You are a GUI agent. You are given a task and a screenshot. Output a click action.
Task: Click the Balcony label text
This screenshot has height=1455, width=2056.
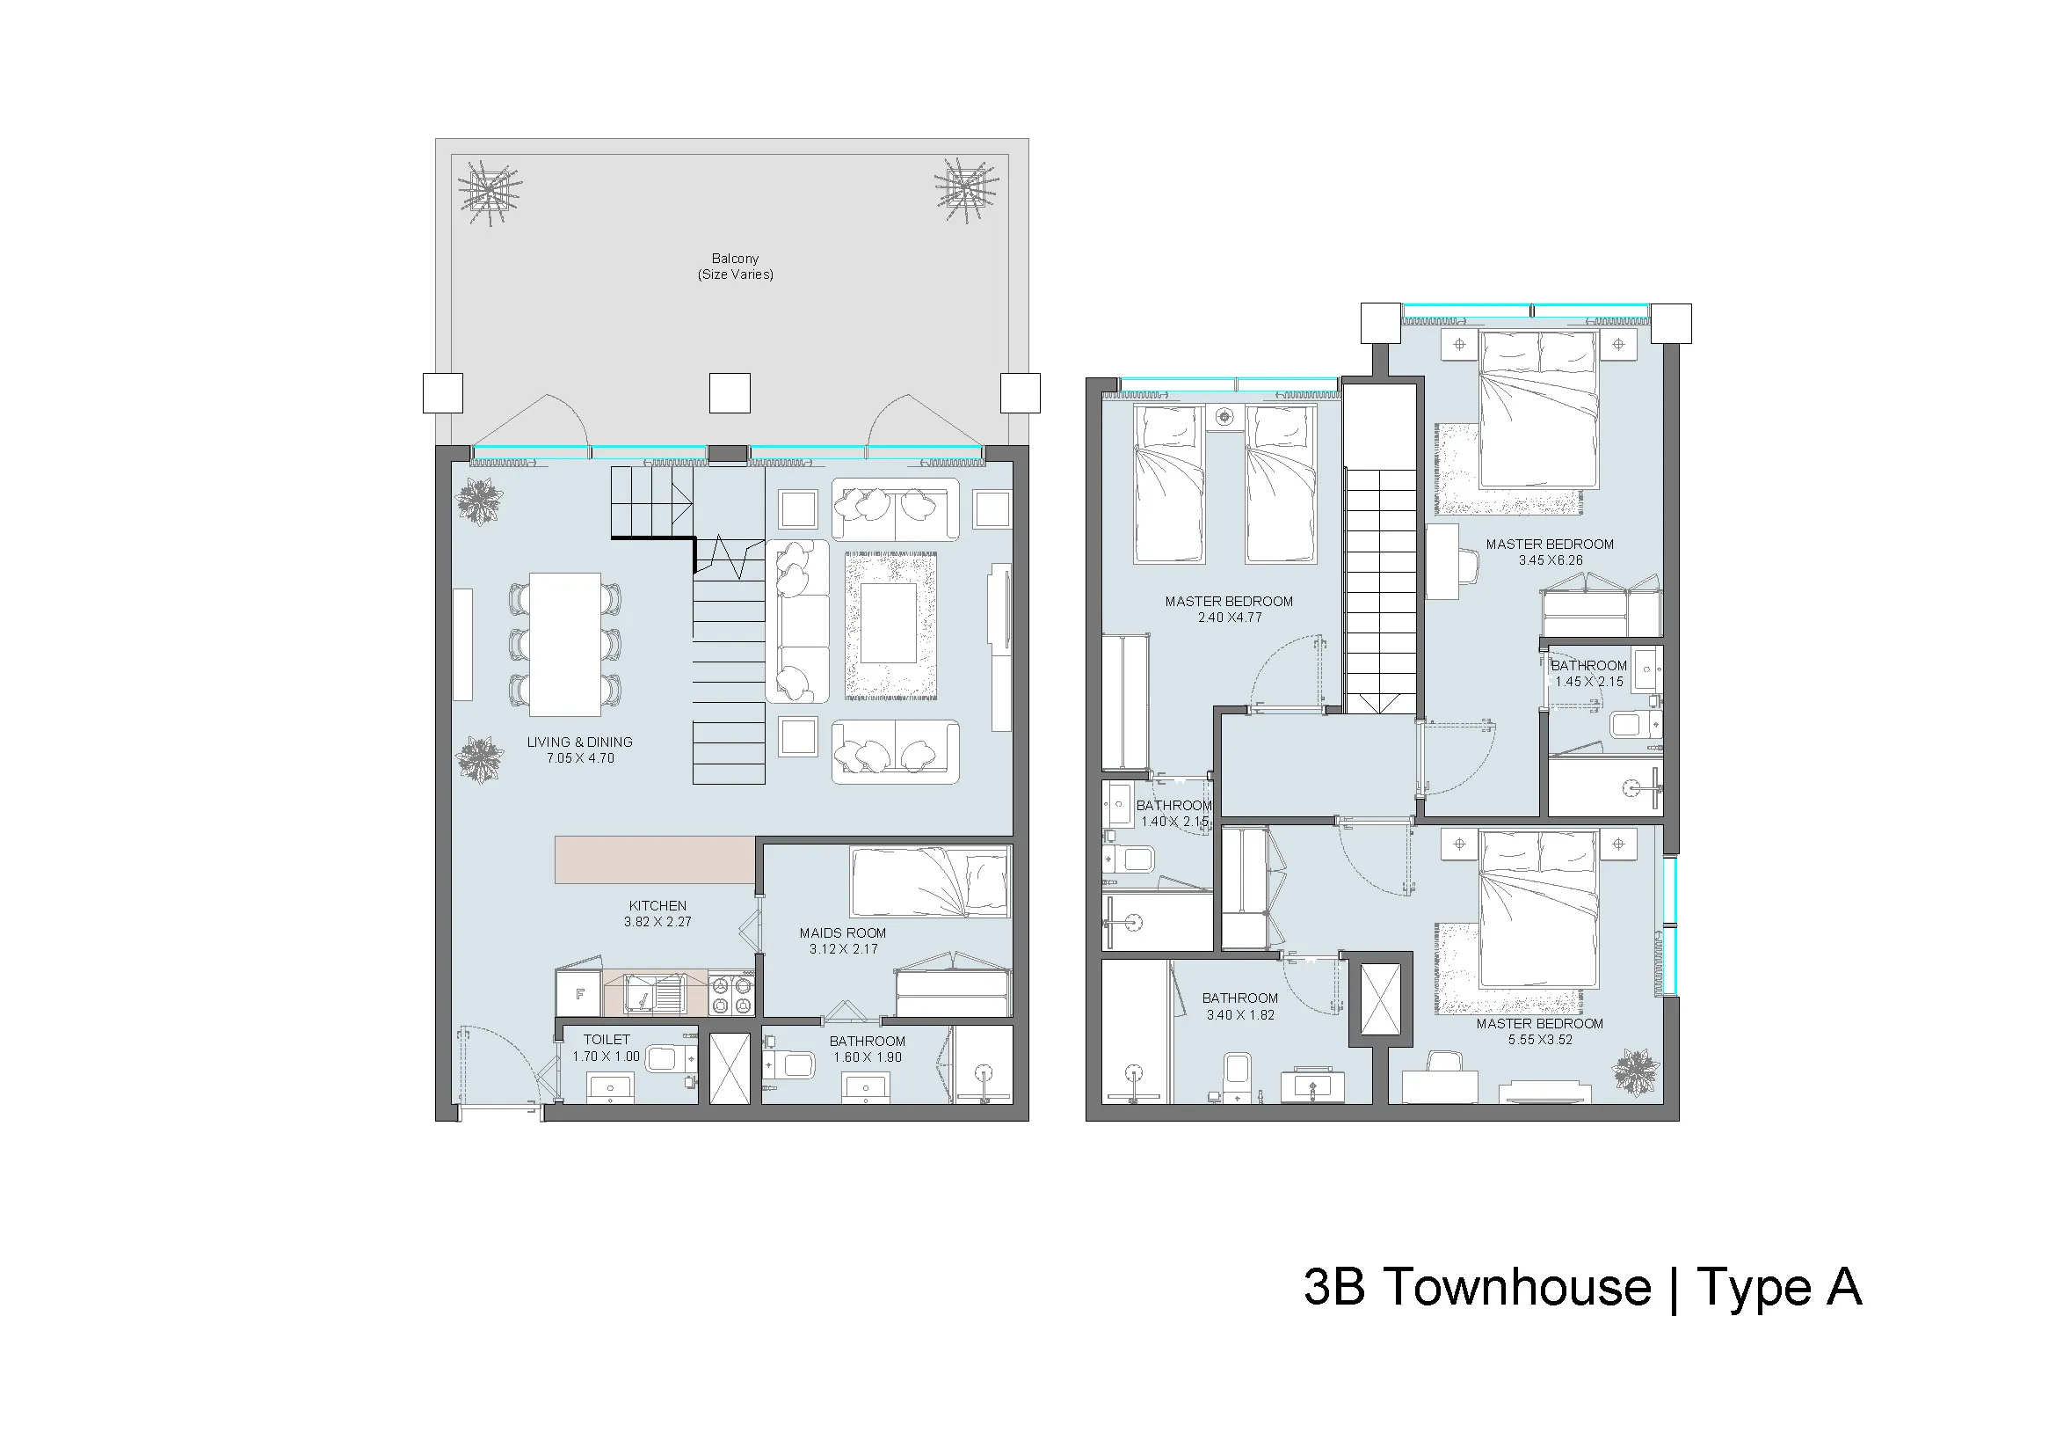point(735,259)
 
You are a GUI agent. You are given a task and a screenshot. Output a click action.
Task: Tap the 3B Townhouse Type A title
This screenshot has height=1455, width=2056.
point(1583,1288)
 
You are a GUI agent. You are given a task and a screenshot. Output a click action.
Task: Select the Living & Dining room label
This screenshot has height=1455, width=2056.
point(579,742)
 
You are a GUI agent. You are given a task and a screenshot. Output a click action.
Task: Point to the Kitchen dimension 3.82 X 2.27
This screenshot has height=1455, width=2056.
point(658,922)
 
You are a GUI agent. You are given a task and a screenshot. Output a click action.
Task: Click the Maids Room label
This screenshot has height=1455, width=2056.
point(843,933)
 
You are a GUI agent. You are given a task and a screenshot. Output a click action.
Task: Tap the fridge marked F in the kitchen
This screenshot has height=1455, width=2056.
point(579,993)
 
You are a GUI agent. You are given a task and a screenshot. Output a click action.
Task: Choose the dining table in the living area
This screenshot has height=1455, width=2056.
point(565,644)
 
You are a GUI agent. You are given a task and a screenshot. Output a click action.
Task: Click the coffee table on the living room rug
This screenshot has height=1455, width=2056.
point(890,623)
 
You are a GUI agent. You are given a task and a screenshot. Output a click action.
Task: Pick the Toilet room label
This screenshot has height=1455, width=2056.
point(607,1040)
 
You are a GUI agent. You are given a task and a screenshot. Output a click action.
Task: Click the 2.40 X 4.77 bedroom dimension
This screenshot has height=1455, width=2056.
point(1230,618)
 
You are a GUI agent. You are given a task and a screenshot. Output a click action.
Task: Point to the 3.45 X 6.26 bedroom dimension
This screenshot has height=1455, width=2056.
point(1550,560)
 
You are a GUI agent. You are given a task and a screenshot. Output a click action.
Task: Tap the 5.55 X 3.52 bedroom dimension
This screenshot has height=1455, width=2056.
point(1540,1039)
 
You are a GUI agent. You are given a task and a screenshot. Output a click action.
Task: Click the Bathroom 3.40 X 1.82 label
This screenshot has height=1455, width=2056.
point(1240,1006)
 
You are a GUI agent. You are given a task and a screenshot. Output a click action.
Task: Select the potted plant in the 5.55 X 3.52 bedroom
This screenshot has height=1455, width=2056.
point(1636,1071)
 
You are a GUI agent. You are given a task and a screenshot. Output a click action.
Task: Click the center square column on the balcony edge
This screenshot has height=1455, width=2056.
point(730,393)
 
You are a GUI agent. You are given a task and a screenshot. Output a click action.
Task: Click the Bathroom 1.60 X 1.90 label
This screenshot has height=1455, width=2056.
point(867,1049)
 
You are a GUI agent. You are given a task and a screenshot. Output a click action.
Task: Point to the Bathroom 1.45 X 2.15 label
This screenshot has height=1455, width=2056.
point(1589,673)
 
